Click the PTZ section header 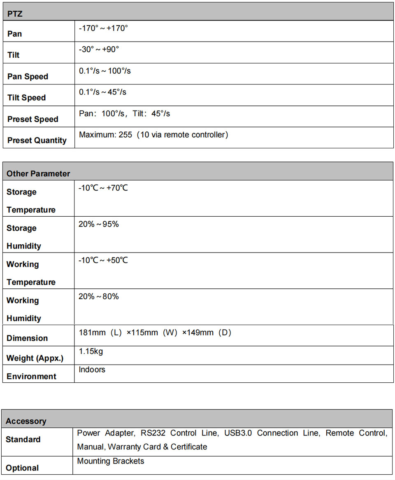[x=15, y=14]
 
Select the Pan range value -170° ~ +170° [x=103, y=28]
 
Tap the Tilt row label [x=14, y=55]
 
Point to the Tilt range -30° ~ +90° [x=99, y=49]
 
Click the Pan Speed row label [x=28, y=77]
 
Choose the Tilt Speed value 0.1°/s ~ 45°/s [x=102, y=92]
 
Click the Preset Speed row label [x=33, y=119]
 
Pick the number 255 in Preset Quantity [x=126, y=135]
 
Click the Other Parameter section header [x=38, y=173]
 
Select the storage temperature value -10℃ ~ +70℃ [x=103, y=188]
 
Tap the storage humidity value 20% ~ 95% [x=98, y=224]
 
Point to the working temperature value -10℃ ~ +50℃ [x=103, y=260]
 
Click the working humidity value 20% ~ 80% [x=98, y=297]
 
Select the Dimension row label [x=27, y=338]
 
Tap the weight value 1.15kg [x=91, y=351]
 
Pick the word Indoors [x=92, y=370]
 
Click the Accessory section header [x=26, y=421]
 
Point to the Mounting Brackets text [x=111, y=461]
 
